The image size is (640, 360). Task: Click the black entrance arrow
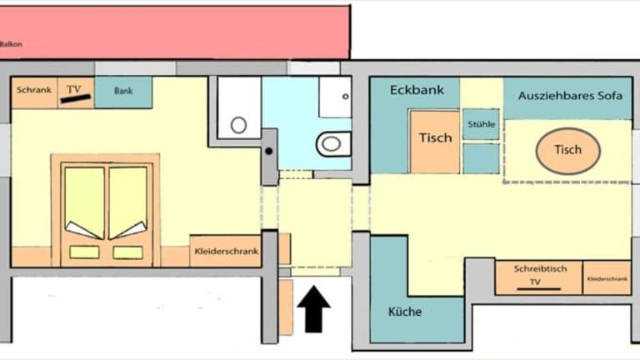[313, 309]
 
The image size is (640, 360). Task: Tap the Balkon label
[11, 44]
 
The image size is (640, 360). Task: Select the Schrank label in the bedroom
[34, 90]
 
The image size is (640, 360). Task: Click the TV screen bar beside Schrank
[76, 98]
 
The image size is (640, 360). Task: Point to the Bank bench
[123, 92]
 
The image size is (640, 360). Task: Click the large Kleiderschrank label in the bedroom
[227, 251]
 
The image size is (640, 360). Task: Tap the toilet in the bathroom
[333, 143]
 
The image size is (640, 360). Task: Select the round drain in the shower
[239, 125]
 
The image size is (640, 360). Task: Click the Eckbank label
[417, 90]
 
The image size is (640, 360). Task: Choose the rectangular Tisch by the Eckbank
[435, 141]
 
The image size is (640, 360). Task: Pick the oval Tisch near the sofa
[567, 151]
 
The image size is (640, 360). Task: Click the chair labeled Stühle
[481, 124]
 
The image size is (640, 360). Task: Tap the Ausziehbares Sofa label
[570, 96]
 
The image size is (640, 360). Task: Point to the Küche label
[405, 312]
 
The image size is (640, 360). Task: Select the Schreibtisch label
[540, 269]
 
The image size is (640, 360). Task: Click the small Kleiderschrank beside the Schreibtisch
[607, 278]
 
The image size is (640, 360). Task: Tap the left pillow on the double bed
[84, 252]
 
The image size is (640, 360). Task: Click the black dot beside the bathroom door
[269, 151]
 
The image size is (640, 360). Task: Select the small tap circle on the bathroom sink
[346, 97]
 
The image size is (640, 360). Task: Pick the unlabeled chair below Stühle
[481, 158]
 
